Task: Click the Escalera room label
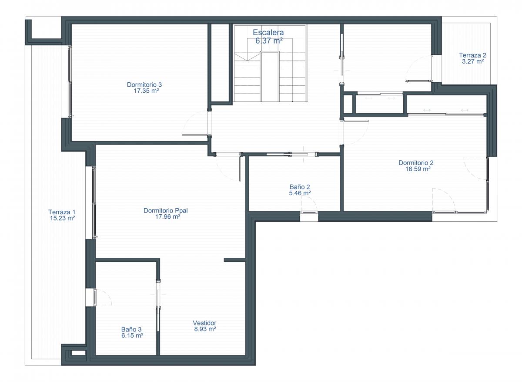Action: point(268,32)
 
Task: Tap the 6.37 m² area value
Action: point(269,41)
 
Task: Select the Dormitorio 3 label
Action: point(144,85)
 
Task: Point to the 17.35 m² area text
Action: point(146,91)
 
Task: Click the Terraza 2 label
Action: point(472,55)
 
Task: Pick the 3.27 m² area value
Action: point(473,61)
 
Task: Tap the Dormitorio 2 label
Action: point(416,162)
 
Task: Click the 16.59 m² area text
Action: point(418,169)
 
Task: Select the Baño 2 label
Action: point(300,187)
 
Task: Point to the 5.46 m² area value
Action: point(300,193)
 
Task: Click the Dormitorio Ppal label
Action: point(165,210)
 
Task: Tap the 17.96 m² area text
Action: point(167,216)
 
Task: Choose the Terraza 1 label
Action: point(62,212)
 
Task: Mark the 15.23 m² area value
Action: point(62,218)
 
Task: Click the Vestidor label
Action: point(204,323)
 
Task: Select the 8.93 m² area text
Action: point(205,329)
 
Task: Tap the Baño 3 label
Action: point(131,329)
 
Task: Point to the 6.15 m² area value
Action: point(132,335)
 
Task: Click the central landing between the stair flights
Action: point(270,77)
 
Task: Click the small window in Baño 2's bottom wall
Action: point(309,212)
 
